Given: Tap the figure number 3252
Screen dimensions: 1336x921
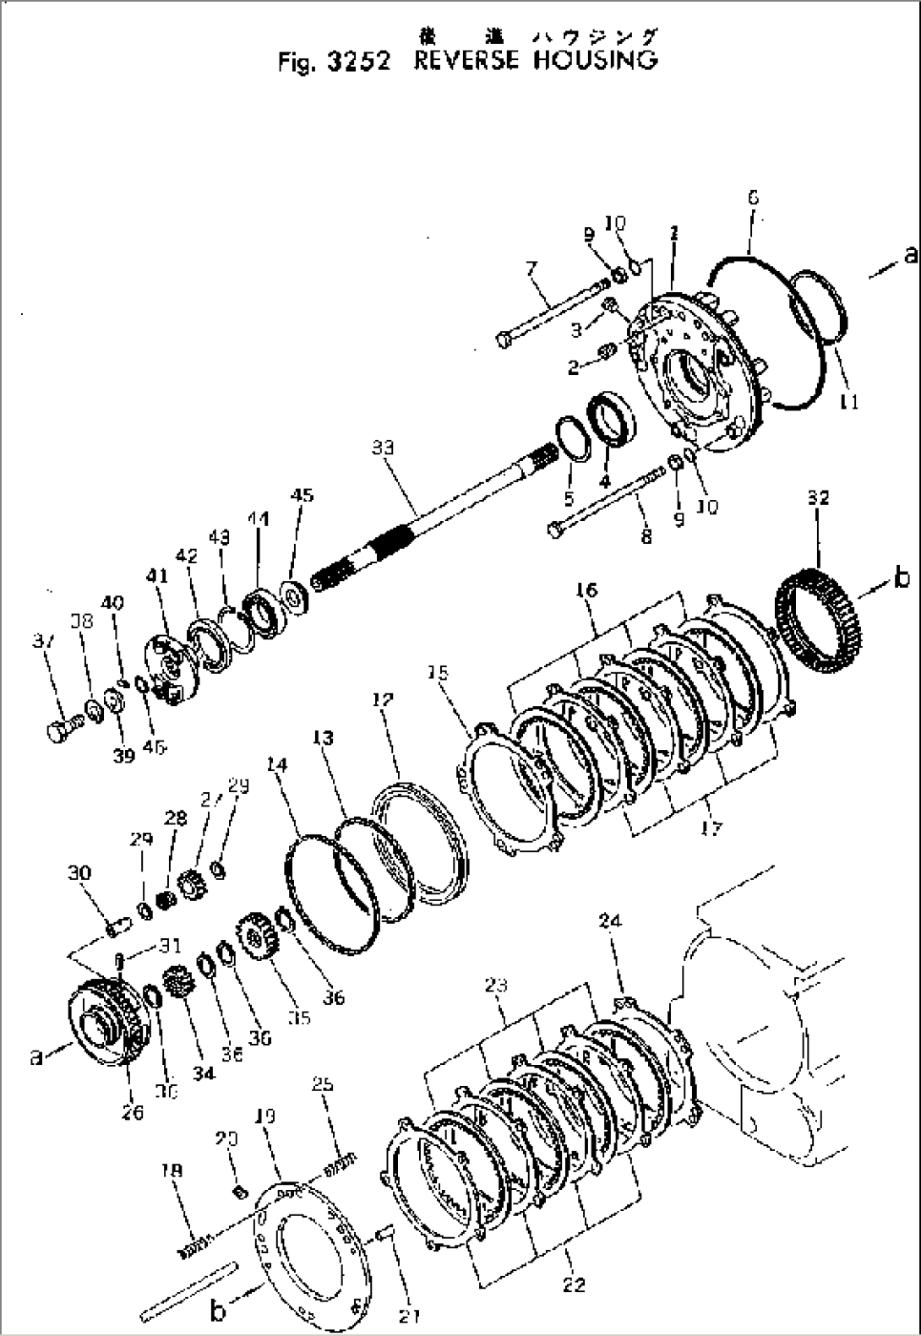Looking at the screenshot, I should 357,63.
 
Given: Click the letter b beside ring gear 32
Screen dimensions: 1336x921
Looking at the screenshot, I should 902,578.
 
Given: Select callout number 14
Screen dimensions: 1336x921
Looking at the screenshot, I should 276,765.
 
